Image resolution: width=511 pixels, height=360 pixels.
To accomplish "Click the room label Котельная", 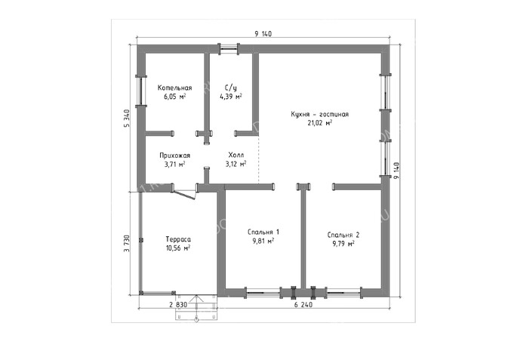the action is tap(174, 88).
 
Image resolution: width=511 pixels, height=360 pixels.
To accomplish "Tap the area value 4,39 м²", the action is tap(231, 97).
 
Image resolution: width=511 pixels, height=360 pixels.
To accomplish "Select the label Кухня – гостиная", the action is tap(319, 115).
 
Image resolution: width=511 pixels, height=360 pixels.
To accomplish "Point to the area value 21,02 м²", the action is tap(319, 123).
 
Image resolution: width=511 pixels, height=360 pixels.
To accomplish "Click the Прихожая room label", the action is tap(174, 155).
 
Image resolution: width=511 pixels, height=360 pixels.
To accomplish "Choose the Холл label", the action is tap(236, 155).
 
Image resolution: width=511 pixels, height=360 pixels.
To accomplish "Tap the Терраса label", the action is tap(178, 239).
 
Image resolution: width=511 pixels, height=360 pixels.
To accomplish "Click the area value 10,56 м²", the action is tap(178, 248).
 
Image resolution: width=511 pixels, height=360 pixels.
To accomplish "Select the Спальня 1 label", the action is tap(263, 232).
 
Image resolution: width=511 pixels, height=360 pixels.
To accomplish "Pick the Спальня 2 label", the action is tap(343, 235).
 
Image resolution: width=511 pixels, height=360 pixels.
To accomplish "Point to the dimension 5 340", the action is tap(127, 118).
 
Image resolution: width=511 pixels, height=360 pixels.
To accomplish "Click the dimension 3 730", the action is tap(127, 243).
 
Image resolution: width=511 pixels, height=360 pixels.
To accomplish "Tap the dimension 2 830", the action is tap(178, 305).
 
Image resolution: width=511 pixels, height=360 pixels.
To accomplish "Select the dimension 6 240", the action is tap(303, 305).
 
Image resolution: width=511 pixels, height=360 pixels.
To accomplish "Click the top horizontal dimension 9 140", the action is tap(263, 33).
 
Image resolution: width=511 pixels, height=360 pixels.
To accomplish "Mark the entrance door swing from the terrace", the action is tap(184, 194).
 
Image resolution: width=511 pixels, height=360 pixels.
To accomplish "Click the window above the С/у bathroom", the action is tap(229, 49).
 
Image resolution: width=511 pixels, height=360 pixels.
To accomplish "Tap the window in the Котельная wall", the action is tap(141, 91).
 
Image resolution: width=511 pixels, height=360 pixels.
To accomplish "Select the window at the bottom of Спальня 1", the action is tap(263, 293).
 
